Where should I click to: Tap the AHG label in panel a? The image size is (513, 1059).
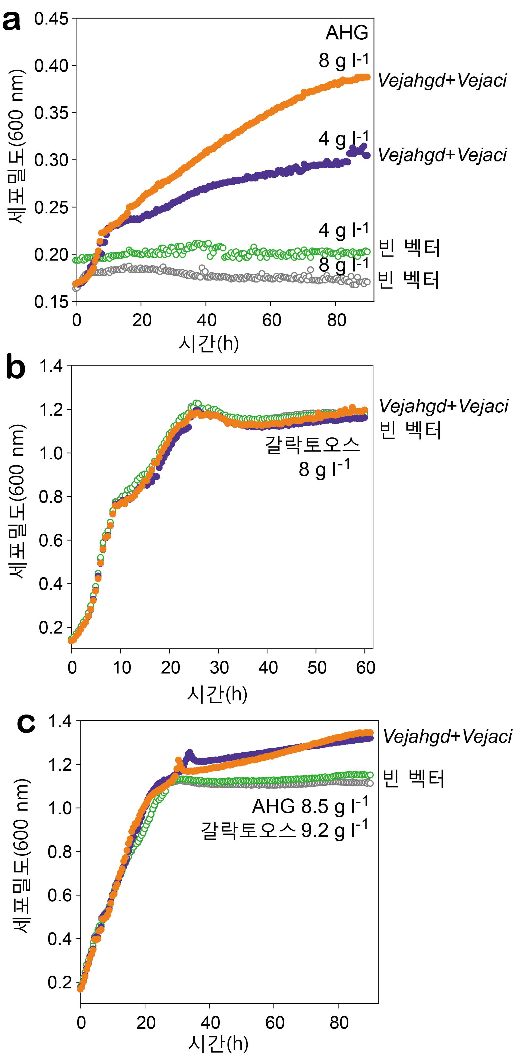[x=347, y=33]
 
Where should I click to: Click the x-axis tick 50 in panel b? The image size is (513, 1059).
[x=316, y=668]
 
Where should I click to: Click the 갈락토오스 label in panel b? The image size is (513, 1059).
[x=312, y=445]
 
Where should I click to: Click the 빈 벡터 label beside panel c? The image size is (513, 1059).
[x=414, y=779]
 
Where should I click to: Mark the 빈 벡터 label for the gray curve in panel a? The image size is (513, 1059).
[x=409, y=280]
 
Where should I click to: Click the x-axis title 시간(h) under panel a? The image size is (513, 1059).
[x=209, y=343]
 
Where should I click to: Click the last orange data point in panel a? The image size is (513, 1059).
[x=367, y=77]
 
